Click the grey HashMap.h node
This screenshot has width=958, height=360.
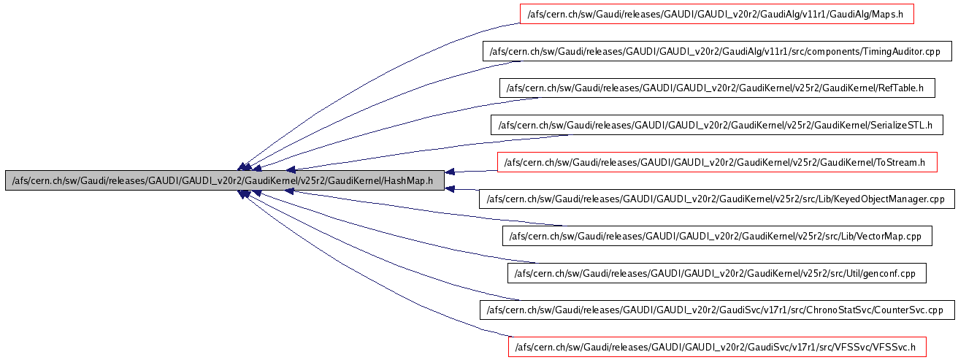click(225, 180)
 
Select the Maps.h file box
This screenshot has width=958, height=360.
click(717, 14)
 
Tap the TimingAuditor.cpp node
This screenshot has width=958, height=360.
click(717, 51)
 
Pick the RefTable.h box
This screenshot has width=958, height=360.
click(717, 88)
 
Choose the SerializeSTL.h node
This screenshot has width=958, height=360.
click(717, 125)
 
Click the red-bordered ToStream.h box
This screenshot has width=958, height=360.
click(717, 162)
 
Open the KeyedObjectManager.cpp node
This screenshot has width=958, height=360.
click(717, 199)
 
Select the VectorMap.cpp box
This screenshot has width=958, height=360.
click(717, 236)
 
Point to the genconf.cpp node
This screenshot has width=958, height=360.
click(717, 273)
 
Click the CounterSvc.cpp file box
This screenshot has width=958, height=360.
click(717, 310)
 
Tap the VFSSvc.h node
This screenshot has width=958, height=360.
click(717, 347)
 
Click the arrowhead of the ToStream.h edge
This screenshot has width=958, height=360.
click(450, 172)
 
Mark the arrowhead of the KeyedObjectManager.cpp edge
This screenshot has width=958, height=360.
click(450, 188)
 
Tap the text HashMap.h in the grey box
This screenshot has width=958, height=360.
click(408, 180)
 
